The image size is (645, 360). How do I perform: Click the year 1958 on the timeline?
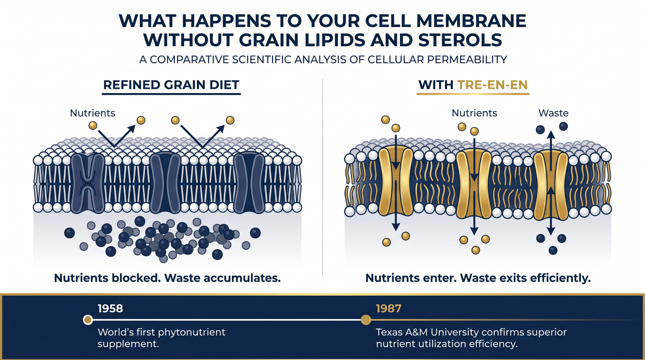(110, 308)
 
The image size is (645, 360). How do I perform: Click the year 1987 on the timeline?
(388, 308)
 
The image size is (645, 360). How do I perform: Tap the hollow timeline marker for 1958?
(88, 320)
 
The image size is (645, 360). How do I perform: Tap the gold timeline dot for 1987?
(366, 320)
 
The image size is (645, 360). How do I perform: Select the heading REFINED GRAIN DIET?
(171, 85)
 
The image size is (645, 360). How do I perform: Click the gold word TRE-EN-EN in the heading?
(492, 85)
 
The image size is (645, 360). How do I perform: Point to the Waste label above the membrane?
(553, 113)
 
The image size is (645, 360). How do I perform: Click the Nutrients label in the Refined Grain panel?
(92, 113)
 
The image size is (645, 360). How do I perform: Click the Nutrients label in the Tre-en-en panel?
(474, 113)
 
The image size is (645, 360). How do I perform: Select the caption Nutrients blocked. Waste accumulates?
(167, 278)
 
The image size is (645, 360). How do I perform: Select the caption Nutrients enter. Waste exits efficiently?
(478, 278)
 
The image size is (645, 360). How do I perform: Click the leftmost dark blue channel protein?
(87, 183)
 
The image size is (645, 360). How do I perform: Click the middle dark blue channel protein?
(165, 183)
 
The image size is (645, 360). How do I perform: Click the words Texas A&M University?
(427, 332)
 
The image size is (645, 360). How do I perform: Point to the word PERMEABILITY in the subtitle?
(467, 60)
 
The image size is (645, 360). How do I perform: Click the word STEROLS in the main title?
(460, 40)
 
